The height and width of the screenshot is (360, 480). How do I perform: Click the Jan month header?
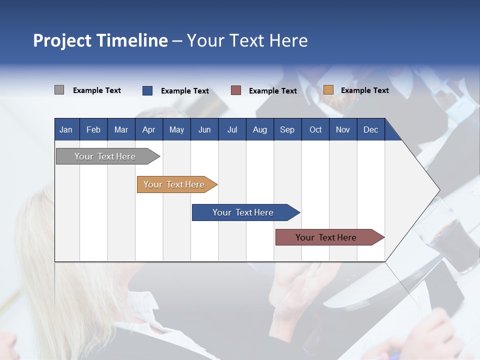[x=66, y=129]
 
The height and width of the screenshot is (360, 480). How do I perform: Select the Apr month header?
[x=149, y=129]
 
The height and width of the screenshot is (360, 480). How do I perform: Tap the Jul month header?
[x=232, y=129]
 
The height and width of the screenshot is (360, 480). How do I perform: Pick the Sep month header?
[x=287, y=129]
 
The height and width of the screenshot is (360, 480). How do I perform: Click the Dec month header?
[x=370, y=129]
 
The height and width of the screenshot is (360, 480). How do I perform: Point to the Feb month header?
[x=93, y=129]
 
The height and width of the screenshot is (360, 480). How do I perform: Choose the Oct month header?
[x=315, y=129]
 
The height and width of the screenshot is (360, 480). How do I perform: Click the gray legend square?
[x=59, y=90]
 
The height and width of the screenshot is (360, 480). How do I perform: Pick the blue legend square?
[x=147, y=90]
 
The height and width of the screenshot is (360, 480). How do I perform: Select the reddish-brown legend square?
[x=236, y=90]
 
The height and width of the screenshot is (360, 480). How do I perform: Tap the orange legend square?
[x=328, y=90]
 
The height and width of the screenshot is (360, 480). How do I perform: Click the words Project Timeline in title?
[x=100, y=40]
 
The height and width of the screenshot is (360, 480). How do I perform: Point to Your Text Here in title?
[x=247, y=40]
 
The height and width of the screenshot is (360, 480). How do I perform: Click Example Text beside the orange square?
[x=364, y=90]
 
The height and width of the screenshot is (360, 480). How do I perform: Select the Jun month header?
[x=204, y=129]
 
